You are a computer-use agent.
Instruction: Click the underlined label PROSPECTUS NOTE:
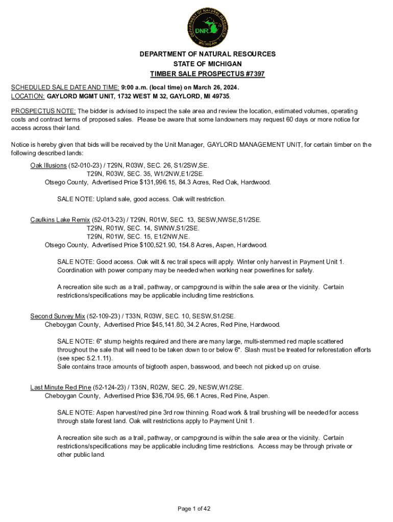point(43,111)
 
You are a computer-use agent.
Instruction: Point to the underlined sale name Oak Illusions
point(48,166)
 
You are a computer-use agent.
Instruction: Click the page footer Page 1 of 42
point(194,509)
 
